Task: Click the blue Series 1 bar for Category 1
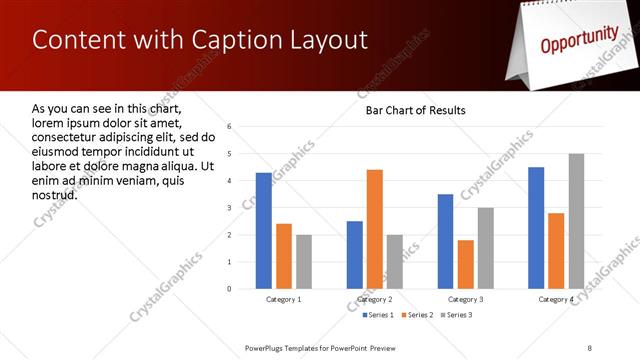264,231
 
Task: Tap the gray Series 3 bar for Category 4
576,221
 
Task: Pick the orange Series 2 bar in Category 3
466,264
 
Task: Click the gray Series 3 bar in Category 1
304,262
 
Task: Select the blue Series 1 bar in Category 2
355,255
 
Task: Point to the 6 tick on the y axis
230,127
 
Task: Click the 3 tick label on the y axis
230,208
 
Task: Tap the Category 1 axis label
284,299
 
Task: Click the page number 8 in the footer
589,347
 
